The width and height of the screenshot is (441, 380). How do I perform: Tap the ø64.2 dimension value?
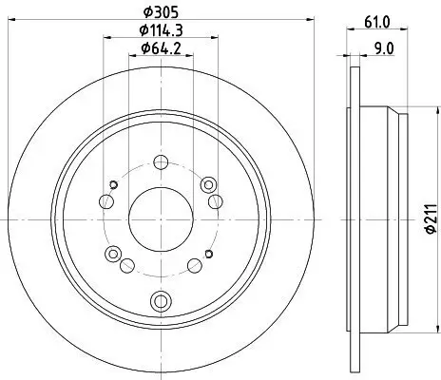point(161,48)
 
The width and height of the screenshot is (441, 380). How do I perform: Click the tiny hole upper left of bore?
point(112,183)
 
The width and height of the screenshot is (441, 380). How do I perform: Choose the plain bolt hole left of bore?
point(105,199)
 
